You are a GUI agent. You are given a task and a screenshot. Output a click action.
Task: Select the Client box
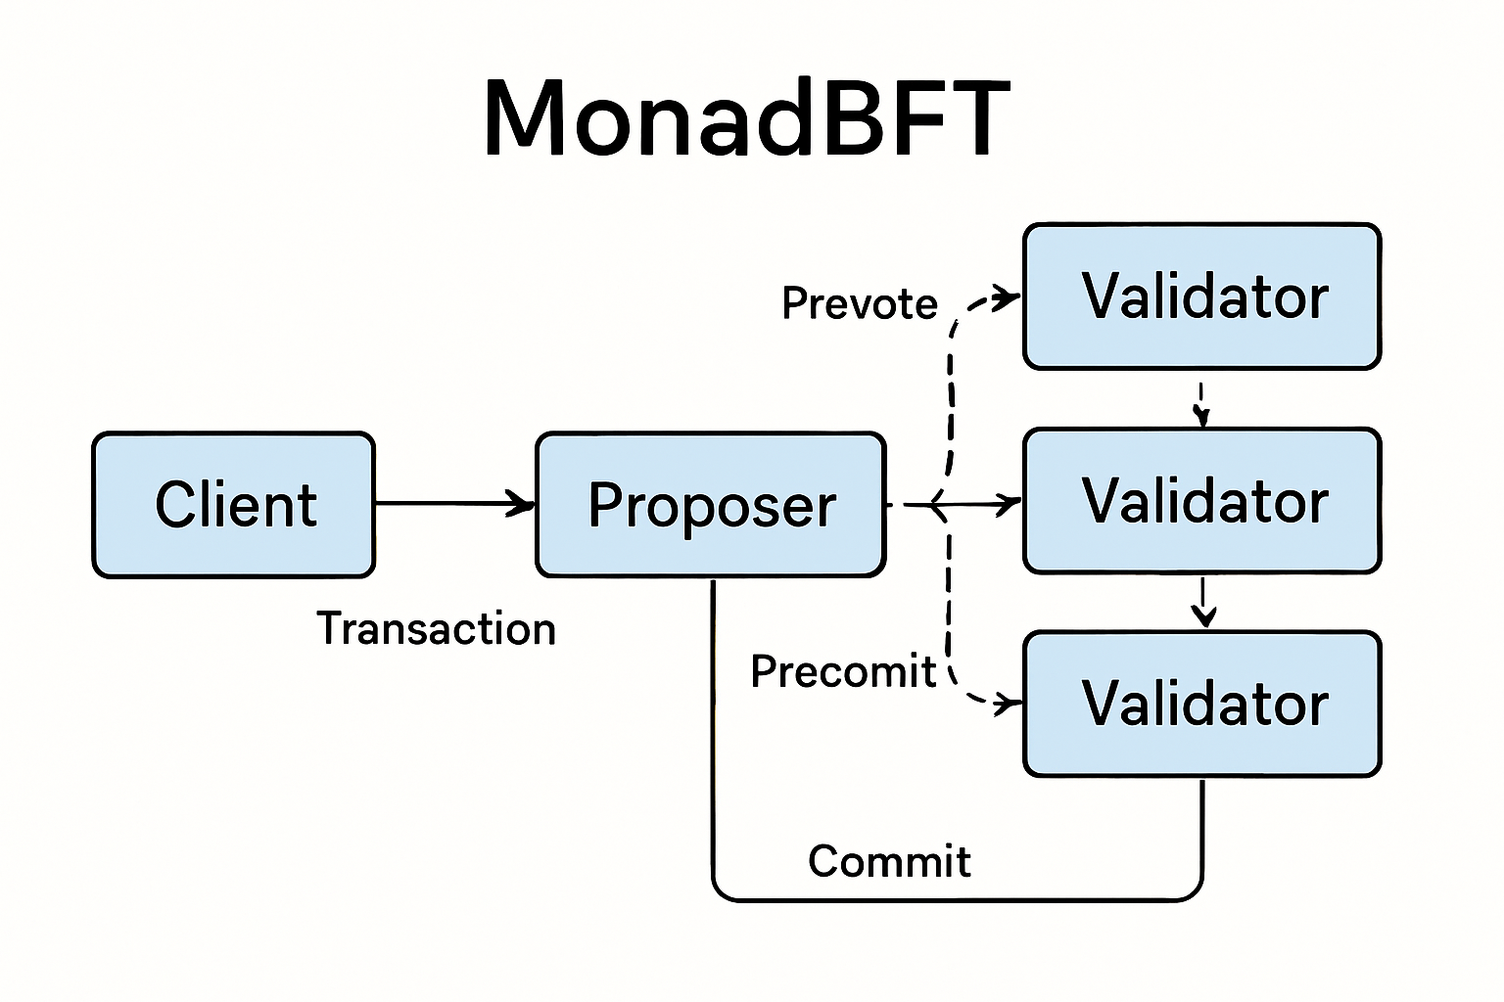(x=234, y=505)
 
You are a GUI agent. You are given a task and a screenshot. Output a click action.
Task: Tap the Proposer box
(x=711, y=505)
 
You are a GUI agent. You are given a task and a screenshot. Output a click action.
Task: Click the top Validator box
(x=1202, y=296)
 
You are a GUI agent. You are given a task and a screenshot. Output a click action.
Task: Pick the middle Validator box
(x=1202, y=501)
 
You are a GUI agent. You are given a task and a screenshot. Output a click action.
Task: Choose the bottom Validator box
(x=1202, y=704)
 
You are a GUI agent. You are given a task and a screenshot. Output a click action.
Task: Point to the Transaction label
(x=436, y=628)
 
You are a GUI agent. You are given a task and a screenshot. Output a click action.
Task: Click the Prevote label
(x=859, y=303)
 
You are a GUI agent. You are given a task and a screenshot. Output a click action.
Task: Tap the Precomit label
(x=842, y=671)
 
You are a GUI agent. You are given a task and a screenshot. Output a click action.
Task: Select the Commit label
(x=889, y=861)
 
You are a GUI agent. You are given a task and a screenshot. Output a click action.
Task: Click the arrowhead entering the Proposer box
(x=522, y=504)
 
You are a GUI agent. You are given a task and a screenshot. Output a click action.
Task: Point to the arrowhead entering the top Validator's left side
(x=1008, y=296)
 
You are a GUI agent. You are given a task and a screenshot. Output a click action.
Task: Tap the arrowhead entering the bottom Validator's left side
(x=1008, y=703)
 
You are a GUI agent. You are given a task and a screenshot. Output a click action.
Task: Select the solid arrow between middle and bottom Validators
(x=1203, y=601)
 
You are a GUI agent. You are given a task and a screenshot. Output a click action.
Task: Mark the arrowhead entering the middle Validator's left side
(x=1009, y=504)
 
